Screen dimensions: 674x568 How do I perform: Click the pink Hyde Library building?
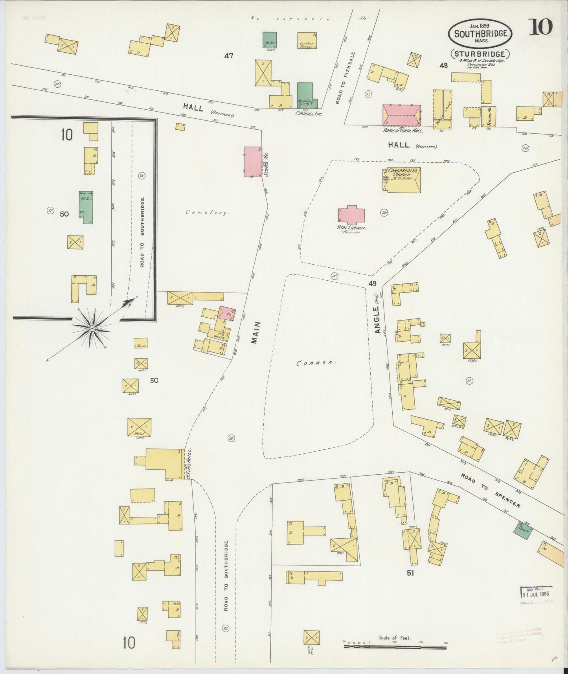(351, 215)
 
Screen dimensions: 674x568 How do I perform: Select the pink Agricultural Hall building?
(401, 115)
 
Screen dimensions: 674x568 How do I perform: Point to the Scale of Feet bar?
(395, 646)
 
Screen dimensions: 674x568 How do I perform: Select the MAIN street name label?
(256, 333)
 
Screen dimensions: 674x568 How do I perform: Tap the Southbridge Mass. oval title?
(480, 34)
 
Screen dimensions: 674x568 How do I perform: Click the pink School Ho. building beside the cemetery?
(253, 162)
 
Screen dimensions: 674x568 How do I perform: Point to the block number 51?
(410, 573)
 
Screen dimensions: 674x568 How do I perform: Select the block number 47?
(228, 56)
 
